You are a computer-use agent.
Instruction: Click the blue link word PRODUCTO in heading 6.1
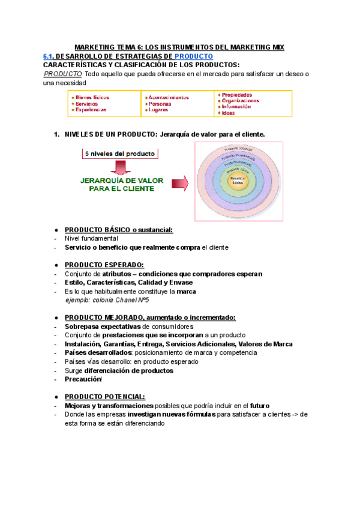(193, 56)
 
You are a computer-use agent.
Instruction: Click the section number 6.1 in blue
(49, 56)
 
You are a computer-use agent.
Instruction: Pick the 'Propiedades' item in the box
(236, 95)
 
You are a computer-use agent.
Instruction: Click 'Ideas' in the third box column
(228, 113)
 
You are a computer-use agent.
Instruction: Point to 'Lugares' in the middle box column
(158, 110)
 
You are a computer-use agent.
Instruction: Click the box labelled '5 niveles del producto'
(120, 154)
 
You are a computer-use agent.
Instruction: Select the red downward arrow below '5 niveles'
(120, 166)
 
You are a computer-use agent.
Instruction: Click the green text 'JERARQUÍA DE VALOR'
(119, 179)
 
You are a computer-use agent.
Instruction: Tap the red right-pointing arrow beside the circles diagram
(180, 182)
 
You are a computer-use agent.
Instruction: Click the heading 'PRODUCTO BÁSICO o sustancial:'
(118, 230)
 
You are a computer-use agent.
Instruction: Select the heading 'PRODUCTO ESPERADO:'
(104, 265)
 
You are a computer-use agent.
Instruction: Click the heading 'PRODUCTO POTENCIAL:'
(104, 397)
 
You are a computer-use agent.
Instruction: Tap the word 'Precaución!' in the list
(83, 379)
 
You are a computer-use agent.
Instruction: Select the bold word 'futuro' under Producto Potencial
(262, 406)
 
